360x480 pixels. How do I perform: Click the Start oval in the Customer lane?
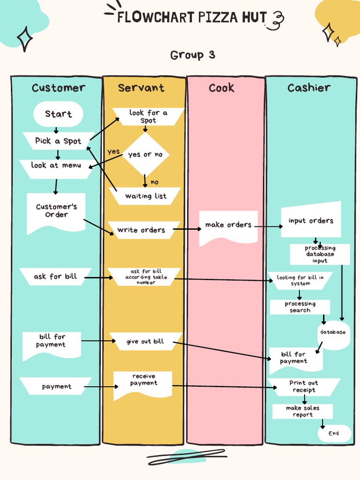(x=58, y=114)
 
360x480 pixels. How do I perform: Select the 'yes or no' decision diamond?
(x=145, y=154)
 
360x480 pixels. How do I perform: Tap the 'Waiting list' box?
(x=145, y=196)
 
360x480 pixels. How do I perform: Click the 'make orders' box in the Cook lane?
(x=228, y=225)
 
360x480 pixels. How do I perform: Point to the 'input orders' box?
(x=311, y=221)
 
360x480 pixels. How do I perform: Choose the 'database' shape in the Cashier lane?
(x=333, y=332)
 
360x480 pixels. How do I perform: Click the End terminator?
(x=334, y=434)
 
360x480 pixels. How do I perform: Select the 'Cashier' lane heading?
(x=309, y=88)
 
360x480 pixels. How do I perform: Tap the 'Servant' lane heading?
(x=141, y=88)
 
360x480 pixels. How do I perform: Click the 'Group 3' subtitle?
(x=193, y=55)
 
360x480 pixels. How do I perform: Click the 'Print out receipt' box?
(x=304, y=387)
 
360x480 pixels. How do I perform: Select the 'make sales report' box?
(x=302, y=412)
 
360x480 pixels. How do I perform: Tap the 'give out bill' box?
(x=145, y=342)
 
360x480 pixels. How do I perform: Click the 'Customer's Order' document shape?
(x=56, y=211)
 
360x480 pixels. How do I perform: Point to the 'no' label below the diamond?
(x=154, y=182)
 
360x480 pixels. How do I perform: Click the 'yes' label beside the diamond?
(x=113, y=151)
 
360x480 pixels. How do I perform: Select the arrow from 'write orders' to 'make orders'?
(x=186, y=229)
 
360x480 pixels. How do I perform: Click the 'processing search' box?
(x=300, y=307)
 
